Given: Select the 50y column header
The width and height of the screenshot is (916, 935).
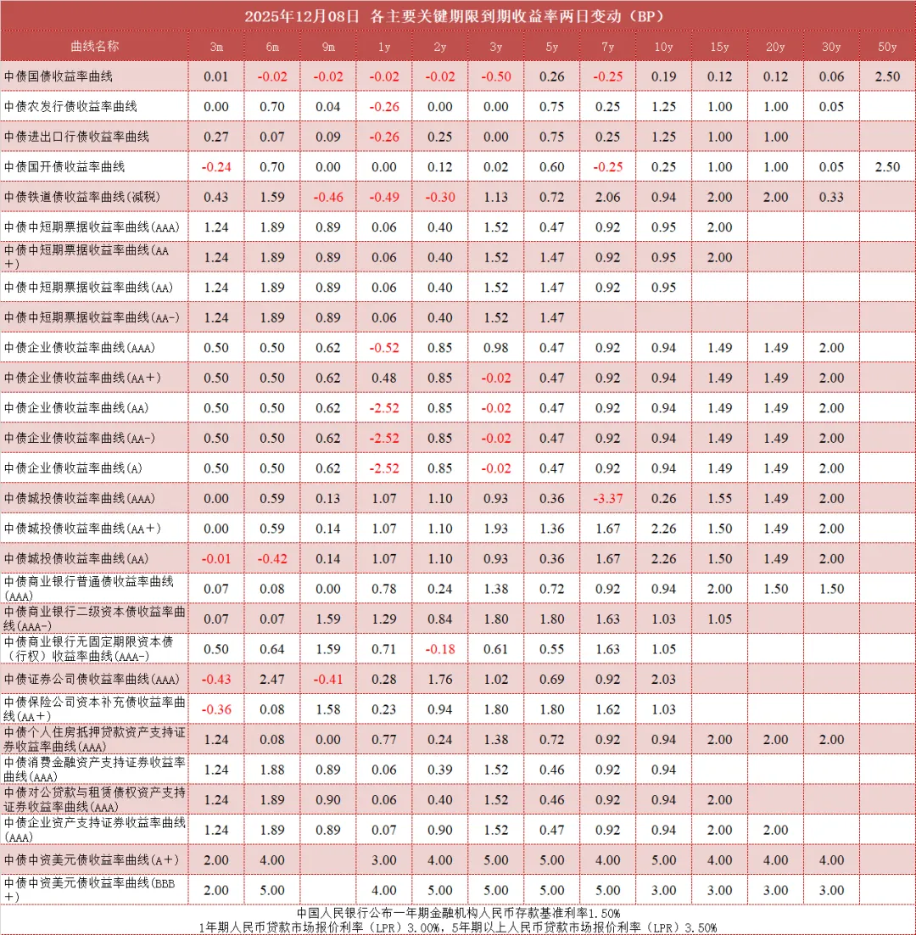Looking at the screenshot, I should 887,46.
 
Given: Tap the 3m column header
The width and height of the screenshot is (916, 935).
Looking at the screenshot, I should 216,46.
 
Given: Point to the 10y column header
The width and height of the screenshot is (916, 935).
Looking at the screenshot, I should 664,46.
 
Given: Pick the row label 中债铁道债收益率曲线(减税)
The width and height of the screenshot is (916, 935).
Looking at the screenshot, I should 82,197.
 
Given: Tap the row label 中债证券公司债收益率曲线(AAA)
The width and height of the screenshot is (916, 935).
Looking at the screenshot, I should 92,679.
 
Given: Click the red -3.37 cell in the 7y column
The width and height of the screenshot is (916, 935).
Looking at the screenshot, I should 607,498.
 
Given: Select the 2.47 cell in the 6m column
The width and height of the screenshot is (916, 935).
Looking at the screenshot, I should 272,679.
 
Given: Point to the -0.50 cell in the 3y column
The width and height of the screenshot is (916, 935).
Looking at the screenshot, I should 496,76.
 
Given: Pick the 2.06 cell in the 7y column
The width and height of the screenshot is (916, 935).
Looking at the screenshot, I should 607,197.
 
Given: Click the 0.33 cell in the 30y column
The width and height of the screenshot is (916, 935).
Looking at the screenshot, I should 831,197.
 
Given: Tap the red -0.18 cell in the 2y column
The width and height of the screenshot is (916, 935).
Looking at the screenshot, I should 440,649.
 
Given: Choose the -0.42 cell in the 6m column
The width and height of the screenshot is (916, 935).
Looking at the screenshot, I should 272,558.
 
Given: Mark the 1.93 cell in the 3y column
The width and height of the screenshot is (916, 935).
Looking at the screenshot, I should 496,529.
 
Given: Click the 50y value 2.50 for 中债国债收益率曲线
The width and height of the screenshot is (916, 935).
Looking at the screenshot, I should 887,76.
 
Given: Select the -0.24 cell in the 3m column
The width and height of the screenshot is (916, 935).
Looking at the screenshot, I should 216,167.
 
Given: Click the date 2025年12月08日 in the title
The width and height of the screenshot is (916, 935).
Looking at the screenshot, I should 302,16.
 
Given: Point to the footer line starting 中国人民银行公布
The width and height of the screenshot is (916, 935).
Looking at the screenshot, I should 458,913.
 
